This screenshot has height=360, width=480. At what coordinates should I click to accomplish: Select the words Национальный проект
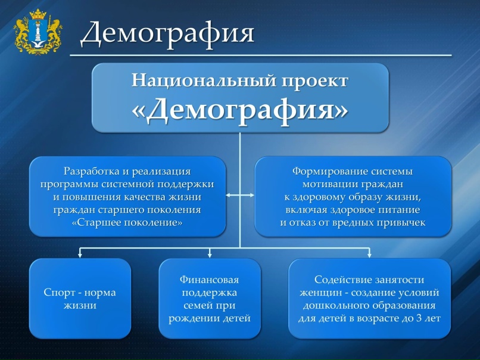click(x=240, y=81)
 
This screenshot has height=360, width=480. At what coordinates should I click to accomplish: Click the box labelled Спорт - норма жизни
click(x=80, y=299)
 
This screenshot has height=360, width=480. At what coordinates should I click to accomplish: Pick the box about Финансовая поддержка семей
click(x=210, y=299)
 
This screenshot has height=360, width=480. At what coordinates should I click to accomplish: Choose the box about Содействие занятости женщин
click(x=369, y=299)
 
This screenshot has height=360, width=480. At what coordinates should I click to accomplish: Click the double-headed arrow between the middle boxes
click(x=241, y=195)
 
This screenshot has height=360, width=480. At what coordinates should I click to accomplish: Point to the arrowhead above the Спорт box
click(x=80, y=255)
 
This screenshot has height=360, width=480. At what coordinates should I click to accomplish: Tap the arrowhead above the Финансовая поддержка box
click(x=210, y=255)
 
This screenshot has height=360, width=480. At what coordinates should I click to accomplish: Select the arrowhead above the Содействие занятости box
click(x=369, y=255)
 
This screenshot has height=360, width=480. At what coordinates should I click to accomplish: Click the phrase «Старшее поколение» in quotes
click(x=127, y=222)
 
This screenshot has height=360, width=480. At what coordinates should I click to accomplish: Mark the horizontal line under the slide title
click(x=261, y=55)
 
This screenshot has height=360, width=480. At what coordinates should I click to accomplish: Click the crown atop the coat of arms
click(x=38, y=14)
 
